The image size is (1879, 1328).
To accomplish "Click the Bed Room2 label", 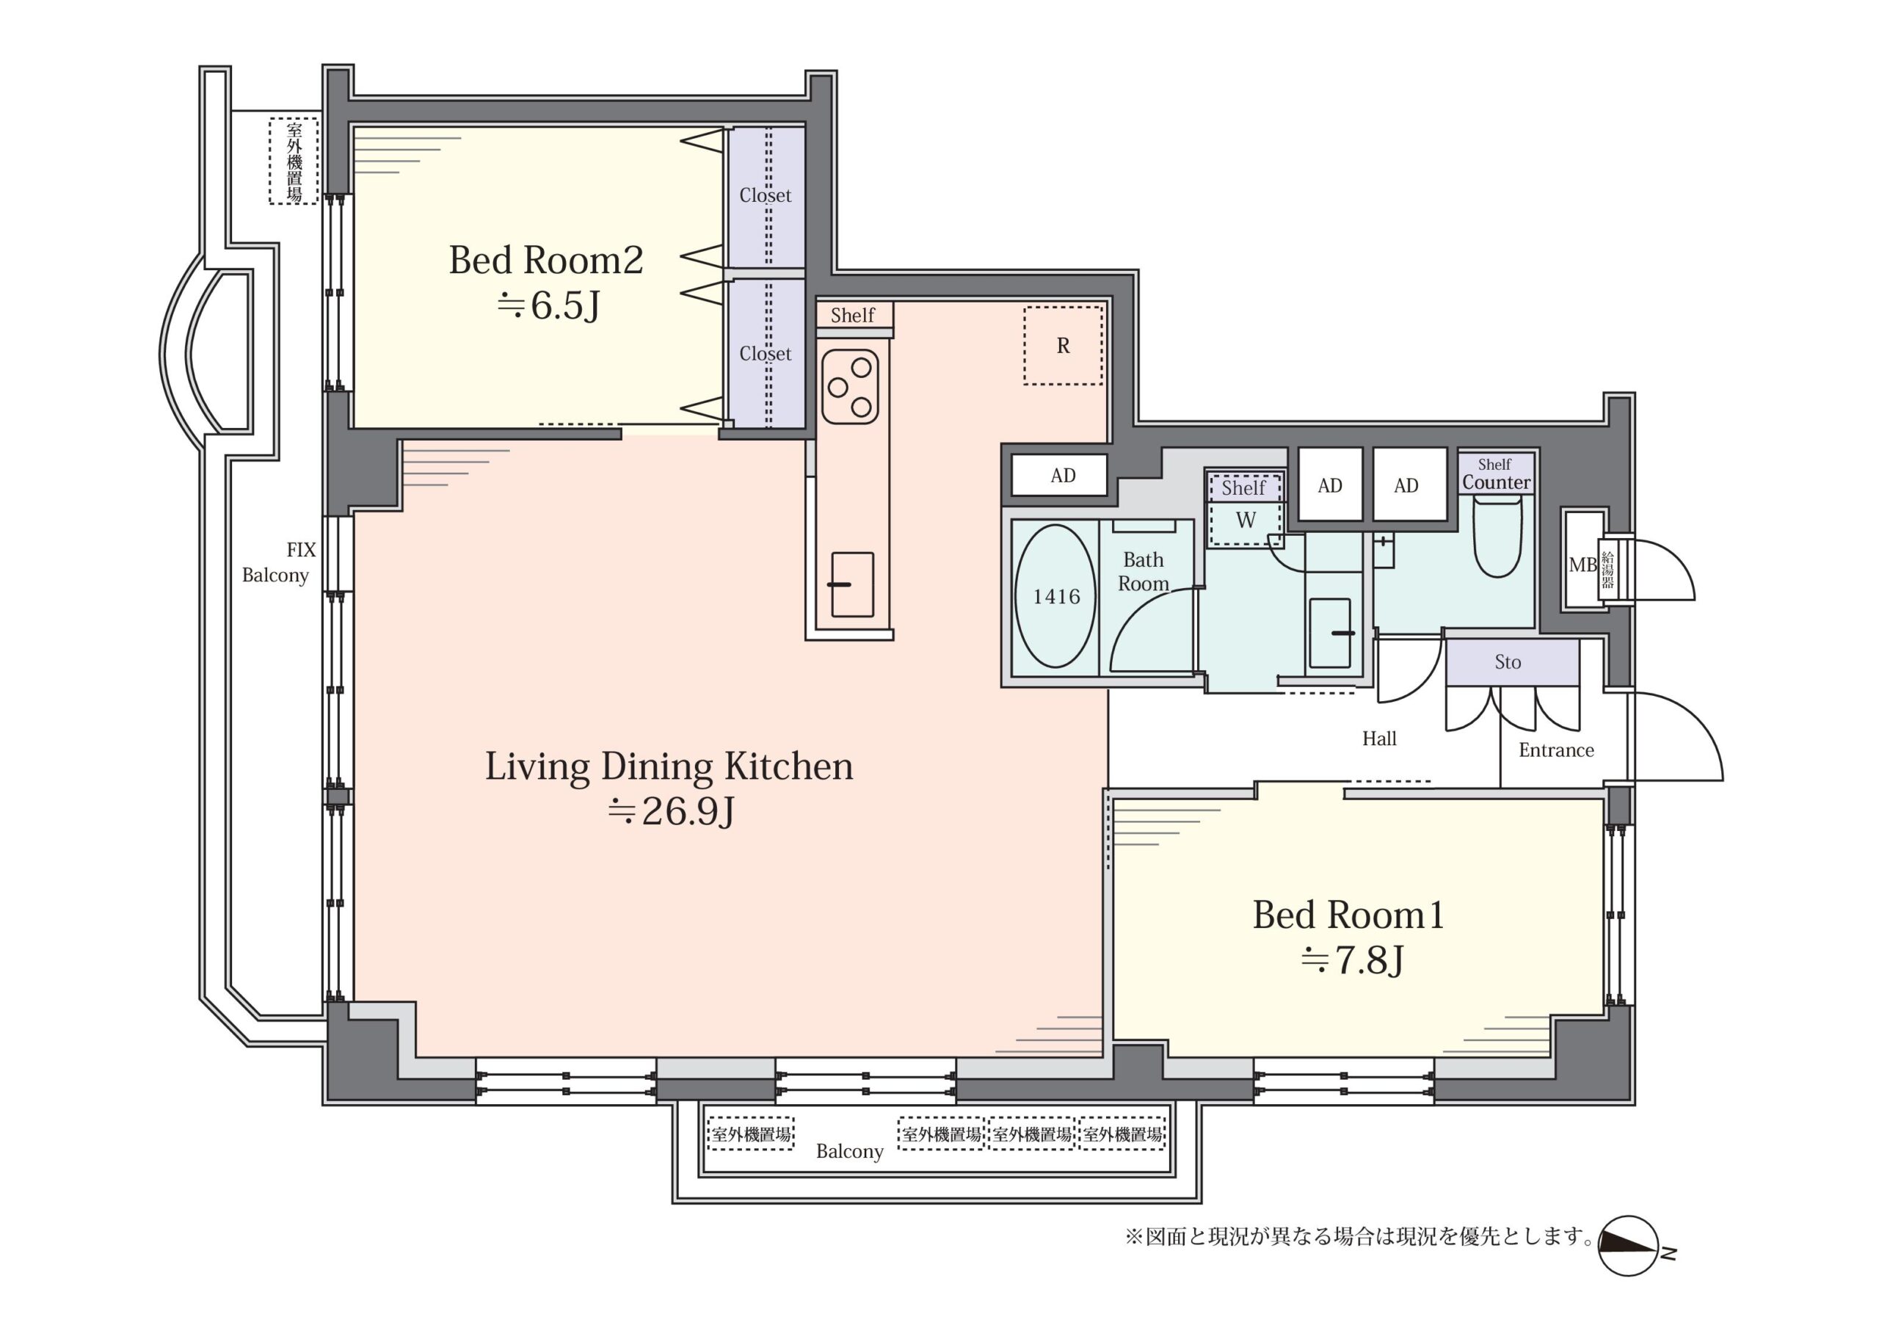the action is point(546,261).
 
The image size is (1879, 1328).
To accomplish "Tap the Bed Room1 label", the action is point(1348,915).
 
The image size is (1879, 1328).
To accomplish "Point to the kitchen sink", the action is point(852,584).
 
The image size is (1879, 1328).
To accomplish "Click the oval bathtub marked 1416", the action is point(1055,596).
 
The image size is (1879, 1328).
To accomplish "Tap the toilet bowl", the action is point(1497,537).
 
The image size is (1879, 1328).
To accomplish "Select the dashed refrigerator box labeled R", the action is point(1063,346).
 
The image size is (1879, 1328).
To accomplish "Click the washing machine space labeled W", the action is point(1246,520).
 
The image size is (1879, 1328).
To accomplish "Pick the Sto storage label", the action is point(1508,661).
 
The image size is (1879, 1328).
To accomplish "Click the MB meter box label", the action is point(1582,565).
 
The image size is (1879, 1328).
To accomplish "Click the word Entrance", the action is point(1556,750).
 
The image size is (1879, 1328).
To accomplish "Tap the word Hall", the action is point(1379,739).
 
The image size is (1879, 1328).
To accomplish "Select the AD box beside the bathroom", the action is point(1062,476).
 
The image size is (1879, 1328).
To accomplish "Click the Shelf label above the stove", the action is point(852,315).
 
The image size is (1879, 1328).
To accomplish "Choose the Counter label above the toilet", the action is point(1496,482).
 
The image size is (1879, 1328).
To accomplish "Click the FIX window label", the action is point(300,549).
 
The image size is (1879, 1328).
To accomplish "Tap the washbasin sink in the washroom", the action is point(1330,633).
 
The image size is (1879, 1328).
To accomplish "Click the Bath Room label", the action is point(1144,571).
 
